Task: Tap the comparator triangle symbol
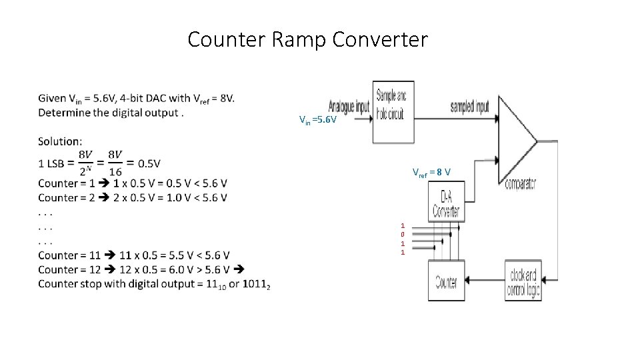[x=516, y=141]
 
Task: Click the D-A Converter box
[x=446, y=205]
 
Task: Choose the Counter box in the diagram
[x=446, y=281]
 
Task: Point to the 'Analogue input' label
[x=349, y=108]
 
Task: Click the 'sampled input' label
[x=469, y=106]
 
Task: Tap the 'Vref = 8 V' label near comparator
[x=431, y=173]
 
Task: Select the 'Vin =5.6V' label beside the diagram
[x=317, y=121]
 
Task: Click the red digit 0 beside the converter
[x=402, y=235]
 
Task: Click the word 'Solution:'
[x=60, y=141]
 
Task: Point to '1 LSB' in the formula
[x=52, y=163]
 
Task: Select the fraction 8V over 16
[x=115, y=163]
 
